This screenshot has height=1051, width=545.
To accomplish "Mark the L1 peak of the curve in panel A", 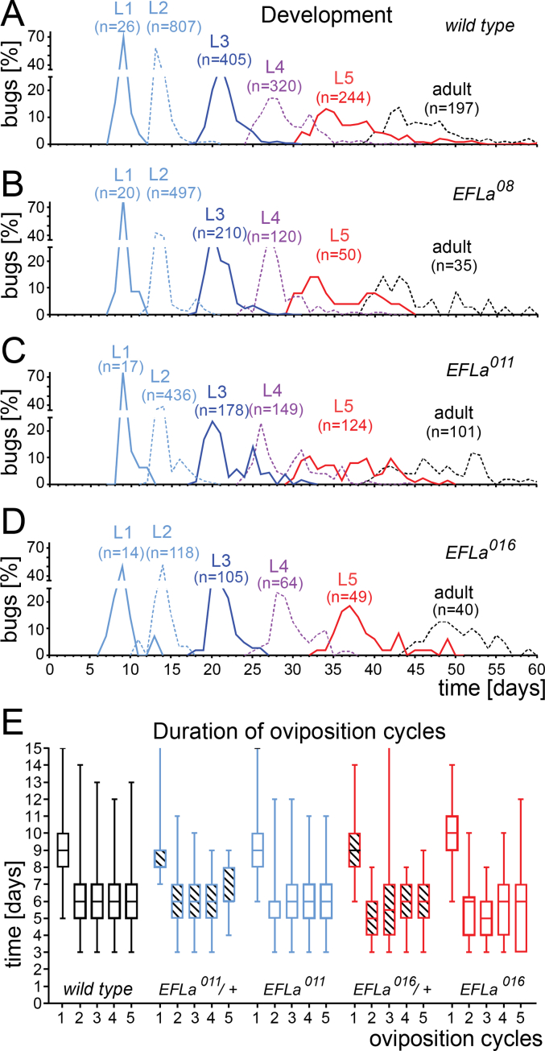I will [123, 35].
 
